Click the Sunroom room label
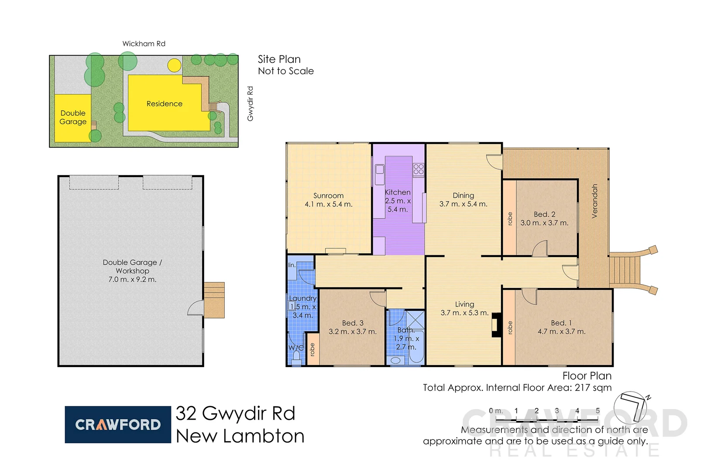coord(328,196)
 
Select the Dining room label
coord(463,195)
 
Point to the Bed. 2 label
coord(544,214)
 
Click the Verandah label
coord(594,201)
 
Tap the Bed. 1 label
coord(561,323)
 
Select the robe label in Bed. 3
coord(312,350)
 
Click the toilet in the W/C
coord(297,357)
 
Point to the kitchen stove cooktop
coord(418,169)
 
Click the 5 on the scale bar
coord(597,411)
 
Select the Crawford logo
coord(118,424)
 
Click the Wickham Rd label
coord(144,44)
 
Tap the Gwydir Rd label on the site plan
coord(250,104)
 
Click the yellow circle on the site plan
coord(174,66)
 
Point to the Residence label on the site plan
coord(164,104)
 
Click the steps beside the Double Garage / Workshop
coord(214,300)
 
